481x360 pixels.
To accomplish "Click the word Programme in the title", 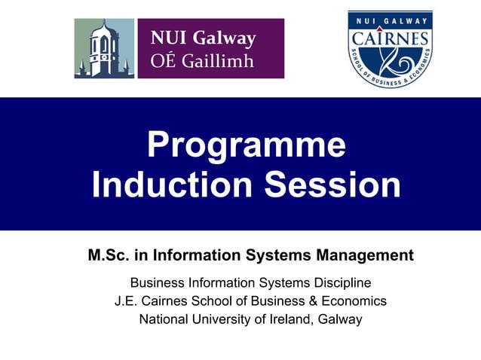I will tap(247, 145).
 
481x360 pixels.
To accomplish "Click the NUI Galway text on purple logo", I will tap(203, 38).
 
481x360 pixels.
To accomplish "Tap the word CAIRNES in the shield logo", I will tap(389, 38).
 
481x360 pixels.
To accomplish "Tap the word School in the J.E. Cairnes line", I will tap(213, 301).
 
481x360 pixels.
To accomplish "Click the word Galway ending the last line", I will tap(340, 319).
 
